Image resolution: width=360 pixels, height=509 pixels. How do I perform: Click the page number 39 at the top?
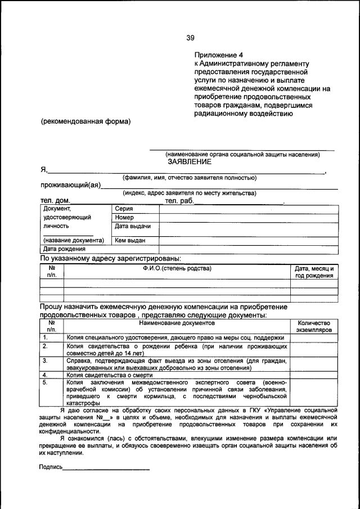tap(190, 38)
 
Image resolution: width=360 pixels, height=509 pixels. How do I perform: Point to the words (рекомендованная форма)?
tap(85, 121)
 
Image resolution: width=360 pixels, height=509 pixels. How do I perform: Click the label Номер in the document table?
tap(124, 217)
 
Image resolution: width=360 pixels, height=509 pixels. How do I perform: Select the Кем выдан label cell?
tap(130, 240)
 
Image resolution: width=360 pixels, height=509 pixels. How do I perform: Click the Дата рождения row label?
tap(65, 249)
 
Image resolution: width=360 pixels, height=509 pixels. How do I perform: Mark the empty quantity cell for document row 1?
tap(314, 337)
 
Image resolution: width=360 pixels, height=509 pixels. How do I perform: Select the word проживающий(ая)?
tap(70, 186)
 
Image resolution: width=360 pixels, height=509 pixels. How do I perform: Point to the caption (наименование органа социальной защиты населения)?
tap(242, 154)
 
